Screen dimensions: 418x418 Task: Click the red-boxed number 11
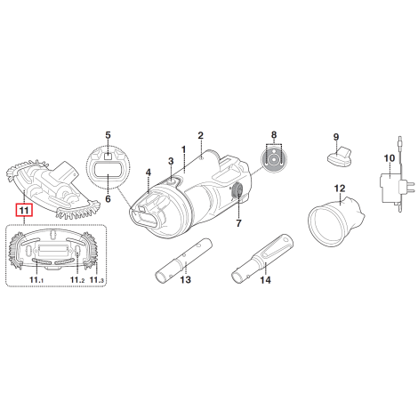click(x=24, y=210)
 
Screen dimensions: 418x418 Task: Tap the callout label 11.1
click(x=36, y=279)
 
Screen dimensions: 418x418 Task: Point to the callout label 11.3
click(x=97, y=279)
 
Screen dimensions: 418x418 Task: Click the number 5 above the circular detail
click(x=108, y=135)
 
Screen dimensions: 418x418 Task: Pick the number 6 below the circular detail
click(x=108, y=198)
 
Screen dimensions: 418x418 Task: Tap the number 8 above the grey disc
click(x=274, y=135)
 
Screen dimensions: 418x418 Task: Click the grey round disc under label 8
click(x=274, y=160)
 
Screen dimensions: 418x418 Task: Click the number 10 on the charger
click(x=390, y=158)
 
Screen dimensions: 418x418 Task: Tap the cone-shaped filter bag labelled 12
click(x=336, y=221)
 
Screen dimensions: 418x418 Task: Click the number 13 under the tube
click(x=186, y=279)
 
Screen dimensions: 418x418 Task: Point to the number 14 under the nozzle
click(x=265, y=279)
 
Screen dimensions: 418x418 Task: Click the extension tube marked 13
click(x=183, y=260)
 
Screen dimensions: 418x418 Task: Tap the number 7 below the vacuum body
click(x=239, y=223)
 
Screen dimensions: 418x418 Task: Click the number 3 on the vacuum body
click(x=171, y=161)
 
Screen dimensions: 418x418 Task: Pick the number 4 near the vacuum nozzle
click(x=149, y=173)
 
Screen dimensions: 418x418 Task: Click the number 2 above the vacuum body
click(x=201, y=135)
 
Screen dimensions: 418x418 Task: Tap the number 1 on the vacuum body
click(x=183, y=149)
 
